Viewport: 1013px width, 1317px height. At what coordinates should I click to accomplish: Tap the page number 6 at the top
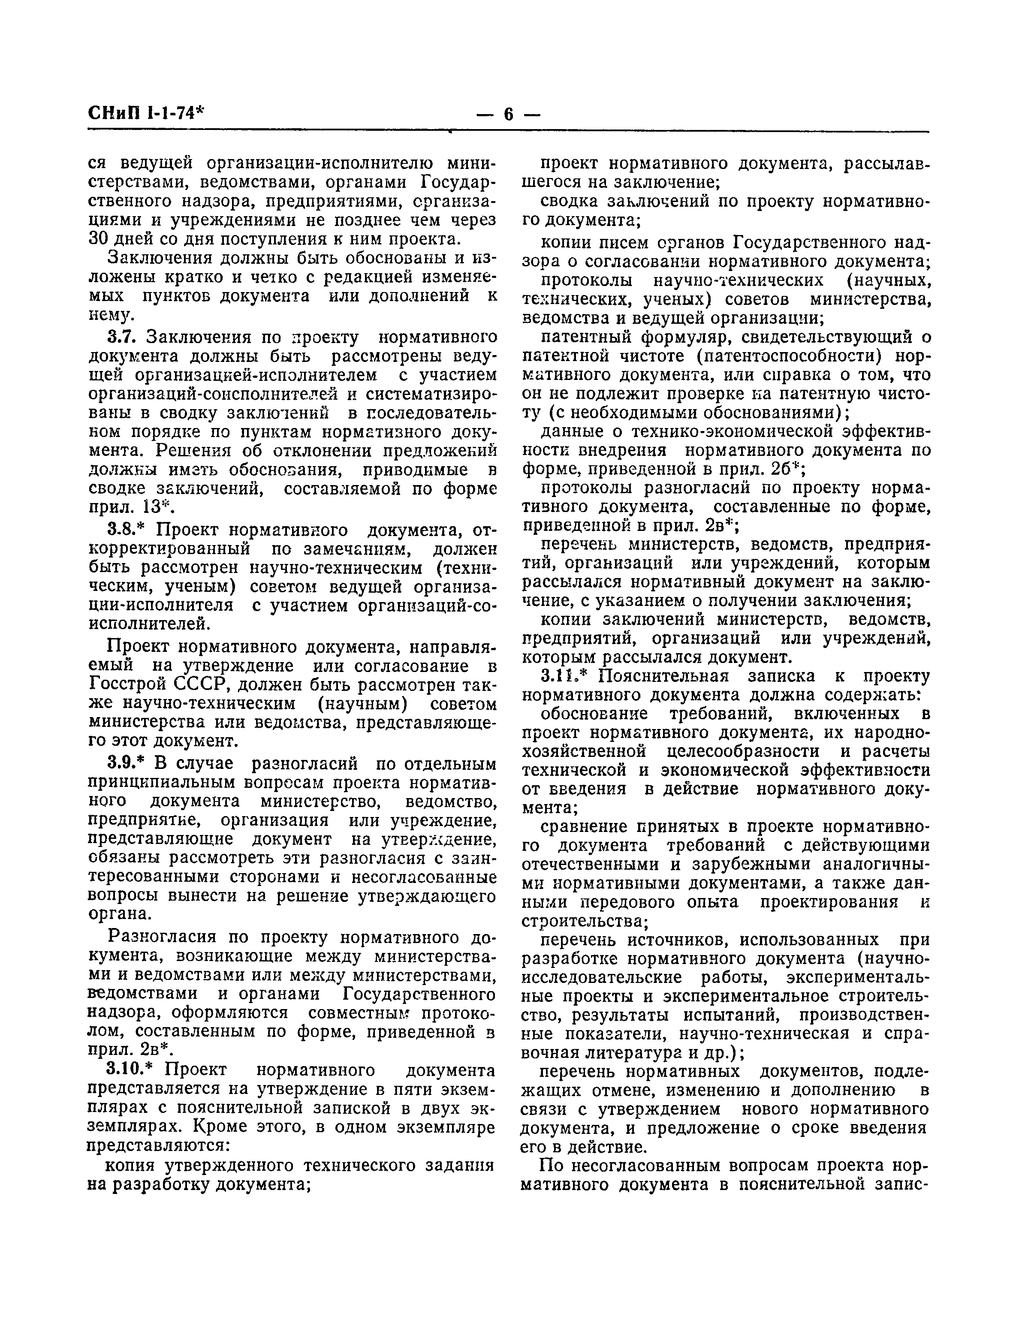(x=508, y=114)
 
